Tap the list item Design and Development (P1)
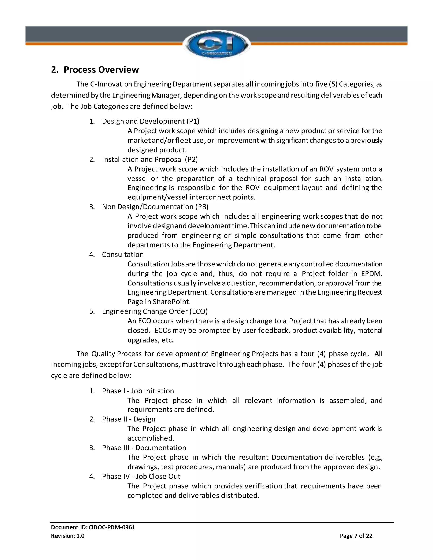(x=150, y=121)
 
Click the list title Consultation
(x=123, y=254)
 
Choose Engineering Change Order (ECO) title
(x=155, y=311)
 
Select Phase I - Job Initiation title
(x=138, y=391)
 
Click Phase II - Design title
(x=129, y=419)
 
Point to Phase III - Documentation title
(x=144, y=448)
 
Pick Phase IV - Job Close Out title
(x=141, y=476)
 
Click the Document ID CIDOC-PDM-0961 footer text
(x=93, y=527)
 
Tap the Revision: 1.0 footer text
(x=68, y=536)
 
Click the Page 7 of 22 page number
(x=356, y=536)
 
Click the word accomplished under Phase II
(x=151, y=438)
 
